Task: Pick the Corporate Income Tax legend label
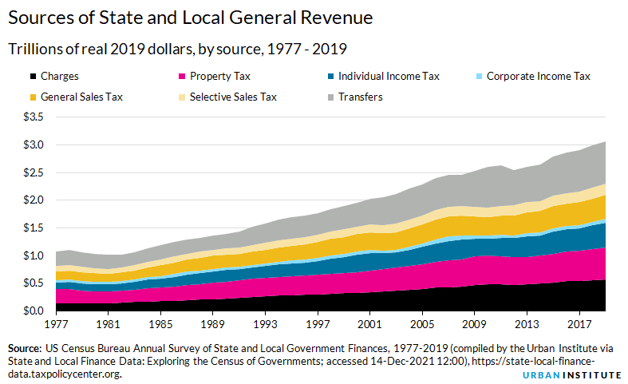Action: pos(538,77)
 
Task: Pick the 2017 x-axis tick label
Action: pos(577,326)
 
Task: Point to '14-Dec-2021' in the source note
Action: pos(408,362)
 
